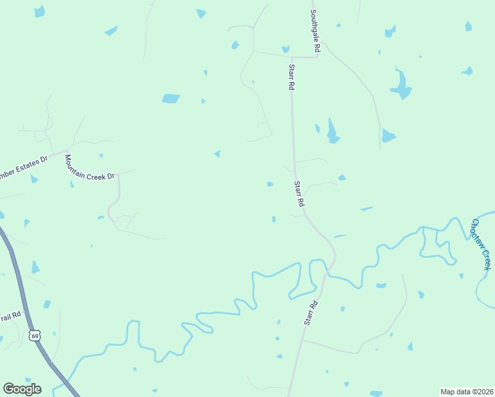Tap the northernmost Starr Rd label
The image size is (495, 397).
tap(291, 77)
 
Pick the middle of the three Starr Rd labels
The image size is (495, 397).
tap(299, 195)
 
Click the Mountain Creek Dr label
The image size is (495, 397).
tap(89, 166)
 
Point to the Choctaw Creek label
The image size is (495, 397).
tap(481, 243)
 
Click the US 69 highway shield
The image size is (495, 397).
tap(34, 335)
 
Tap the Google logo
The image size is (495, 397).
tap(22, 389)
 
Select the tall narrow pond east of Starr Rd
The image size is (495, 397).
tap(332, 131)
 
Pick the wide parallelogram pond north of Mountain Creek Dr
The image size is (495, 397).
tap(171, 99)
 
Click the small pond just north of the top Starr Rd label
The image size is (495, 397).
tap(285, 49)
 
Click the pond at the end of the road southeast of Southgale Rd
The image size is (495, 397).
tap(388, 136)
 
